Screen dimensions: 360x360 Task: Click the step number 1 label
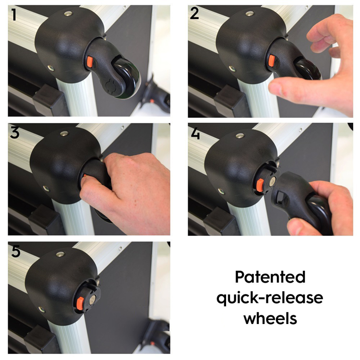click(x=14, y=15)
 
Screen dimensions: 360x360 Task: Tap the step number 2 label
click(x=194, y=13)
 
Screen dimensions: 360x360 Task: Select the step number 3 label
click(x=15, y=132)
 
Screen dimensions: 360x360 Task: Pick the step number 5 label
click(x=16, y=251)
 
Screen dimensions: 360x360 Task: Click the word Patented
click(x=270, y=277)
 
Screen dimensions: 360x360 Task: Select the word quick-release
click(x=270, y=298)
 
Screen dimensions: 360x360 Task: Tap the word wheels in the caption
click(x=270, y=318)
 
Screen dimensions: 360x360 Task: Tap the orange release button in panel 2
click(x=271, y=61)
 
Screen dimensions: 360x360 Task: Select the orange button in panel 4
click(x=260, y=185)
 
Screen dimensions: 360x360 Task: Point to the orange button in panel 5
click(x=80, y=302)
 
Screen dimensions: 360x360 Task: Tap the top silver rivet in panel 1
click(x=68, y=13)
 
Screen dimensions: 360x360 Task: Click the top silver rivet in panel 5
click(x=60, y=254)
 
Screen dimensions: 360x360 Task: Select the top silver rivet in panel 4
click(x=240, y=136)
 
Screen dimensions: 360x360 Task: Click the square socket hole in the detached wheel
click(x=282, y=197)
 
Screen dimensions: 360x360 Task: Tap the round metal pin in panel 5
click(x=93, y=299)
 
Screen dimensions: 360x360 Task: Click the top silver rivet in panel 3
click(x=64, y=133)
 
